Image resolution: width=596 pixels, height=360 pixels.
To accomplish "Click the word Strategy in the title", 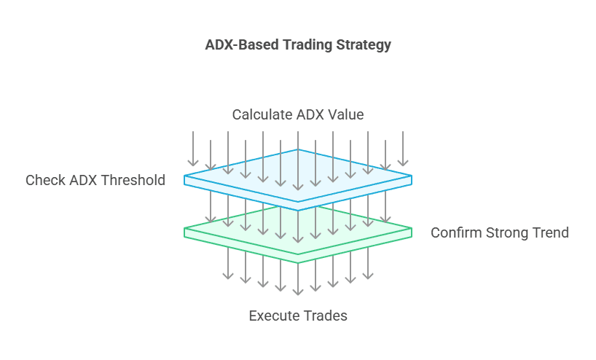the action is [x=364, y=45].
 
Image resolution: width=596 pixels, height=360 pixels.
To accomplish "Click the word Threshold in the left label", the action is [x=134, y=180].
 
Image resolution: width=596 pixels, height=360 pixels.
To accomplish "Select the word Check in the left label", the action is [x=46, y=180].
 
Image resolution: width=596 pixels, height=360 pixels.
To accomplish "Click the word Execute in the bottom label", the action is [x=272, y=316].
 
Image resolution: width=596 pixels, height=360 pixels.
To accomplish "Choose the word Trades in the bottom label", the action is [x=323, y=316].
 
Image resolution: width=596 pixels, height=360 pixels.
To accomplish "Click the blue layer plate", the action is [x=298, y=178].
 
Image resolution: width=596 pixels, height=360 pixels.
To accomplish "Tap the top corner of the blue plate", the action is [x=298, y=149].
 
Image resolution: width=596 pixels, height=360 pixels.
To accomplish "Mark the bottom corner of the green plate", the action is [x=298, y=262].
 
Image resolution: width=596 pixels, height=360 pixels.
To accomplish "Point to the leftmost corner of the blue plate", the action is [x=184, y=176].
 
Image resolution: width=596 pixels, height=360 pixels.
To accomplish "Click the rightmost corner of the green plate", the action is [x=412, y=229].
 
